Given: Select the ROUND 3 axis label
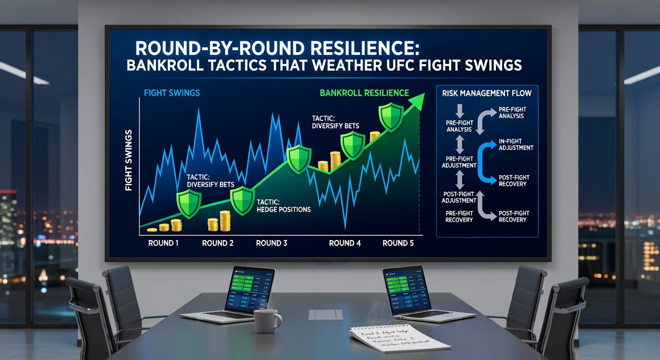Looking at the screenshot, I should coord(272,243).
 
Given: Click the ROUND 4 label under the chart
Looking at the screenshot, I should coord(345,243).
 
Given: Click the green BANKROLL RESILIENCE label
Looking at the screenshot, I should coord(364,93).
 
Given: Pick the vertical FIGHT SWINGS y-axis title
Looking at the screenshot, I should coord(129,159).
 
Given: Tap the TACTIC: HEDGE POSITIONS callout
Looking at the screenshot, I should coord(284,205).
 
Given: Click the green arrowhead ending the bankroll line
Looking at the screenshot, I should coord(419,99).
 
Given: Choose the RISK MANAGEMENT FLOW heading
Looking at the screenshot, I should coord(487,93).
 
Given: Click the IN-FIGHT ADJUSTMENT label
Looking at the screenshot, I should coord(516,144).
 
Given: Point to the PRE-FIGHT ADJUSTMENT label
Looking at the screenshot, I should coord(459,162).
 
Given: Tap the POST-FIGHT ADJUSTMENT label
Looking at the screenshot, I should coord(459,197).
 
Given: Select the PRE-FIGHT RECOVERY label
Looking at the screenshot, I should coord(459,216).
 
